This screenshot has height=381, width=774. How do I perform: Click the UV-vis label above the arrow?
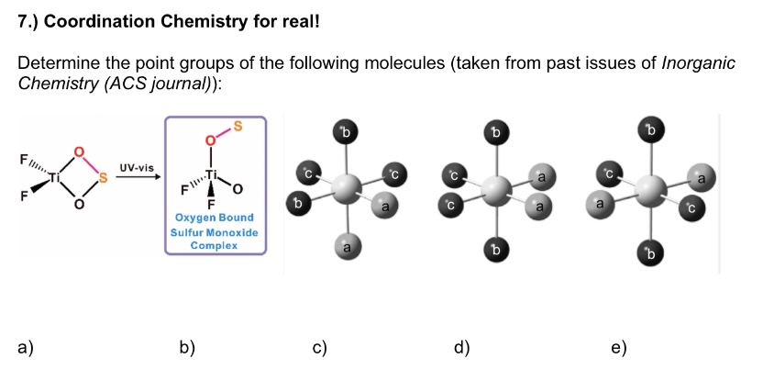coord(138,168)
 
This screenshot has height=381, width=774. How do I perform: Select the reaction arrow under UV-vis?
coord(137,181)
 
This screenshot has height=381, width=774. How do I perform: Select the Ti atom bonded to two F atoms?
coord(57,177)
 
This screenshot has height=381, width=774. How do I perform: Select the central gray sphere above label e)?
coord(652,188)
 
